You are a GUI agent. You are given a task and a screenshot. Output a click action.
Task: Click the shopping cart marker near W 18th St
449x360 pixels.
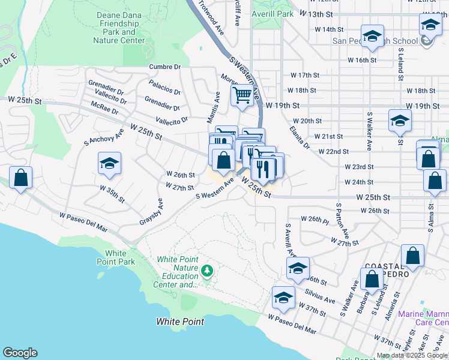[x=241, y=95]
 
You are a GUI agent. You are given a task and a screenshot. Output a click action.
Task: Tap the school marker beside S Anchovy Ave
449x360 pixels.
[x=109, y=163]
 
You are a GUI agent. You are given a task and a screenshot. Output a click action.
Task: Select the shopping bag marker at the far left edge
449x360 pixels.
[x=20, y=178]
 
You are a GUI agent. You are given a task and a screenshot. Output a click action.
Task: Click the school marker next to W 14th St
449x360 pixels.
[x=372, y=36]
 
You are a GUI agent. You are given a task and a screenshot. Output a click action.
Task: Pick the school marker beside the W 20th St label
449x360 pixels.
[x=400, y=121]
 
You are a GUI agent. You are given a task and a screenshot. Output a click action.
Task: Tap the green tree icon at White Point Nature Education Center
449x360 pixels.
[x=208, y=271]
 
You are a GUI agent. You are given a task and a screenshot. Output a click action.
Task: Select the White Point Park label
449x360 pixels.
[x=116, y=258]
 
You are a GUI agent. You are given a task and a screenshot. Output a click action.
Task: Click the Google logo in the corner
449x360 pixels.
[x=20, y=353]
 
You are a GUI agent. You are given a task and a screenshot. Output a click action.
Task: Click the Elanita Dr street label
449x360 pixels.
[x=298, y=137]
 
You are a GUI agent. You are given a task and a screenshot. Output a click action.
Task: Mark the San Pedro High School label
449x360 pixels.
[x=375, y=41]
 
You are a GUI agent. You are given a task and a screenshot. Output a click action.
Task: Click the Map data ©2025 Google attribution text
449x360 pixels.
[x=412, y=355]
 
